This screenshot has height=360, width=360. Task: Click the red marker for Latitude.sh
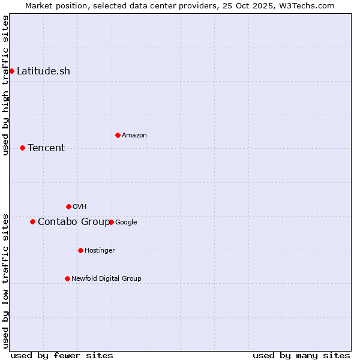[x=11, y=71]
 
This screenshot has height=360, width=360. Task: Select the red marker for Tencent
[x=22, y=148]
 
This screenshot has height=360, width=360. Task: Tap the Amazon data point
[x=118, y=135]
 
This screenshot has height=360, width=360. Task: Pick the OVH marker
[x=68, y=206]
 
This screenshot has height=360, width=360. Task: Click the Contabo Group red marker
[x=32, y=221]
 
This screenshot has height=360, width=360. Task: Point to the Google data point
[x=111, y=222]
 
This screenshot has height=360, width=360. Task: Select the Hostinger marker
[x=80, y=250]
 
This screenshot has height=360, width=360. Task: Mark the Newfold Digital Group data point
[x=67, y=278]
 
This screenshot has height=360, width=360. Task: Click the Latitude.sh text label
[x=43, y=71]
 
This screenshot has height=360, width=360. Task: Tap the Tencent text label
[x=46, y=148]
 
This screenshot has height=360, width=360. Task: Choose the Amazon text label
[x=134, y=135]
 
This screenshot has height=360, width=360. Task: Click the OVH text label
[x=80, y=206]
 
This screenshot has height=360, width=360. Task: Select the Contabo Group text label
[x=73, y=221]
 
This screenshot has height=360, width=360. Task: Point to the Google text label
[x=126, y=222]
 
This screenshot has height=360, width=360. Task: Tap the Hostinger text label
[x=100, y=250]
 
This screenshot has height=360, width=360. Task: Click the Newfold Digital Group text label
[x=106, y=278]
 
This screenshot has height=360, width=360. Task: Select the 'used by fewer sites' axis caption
[x=62, y=355]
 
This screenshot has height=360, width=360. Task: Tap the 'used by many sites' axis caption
[x=301, y=355]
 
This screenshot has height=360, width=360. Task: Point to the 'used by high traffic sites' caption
[x=5, y=85]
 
